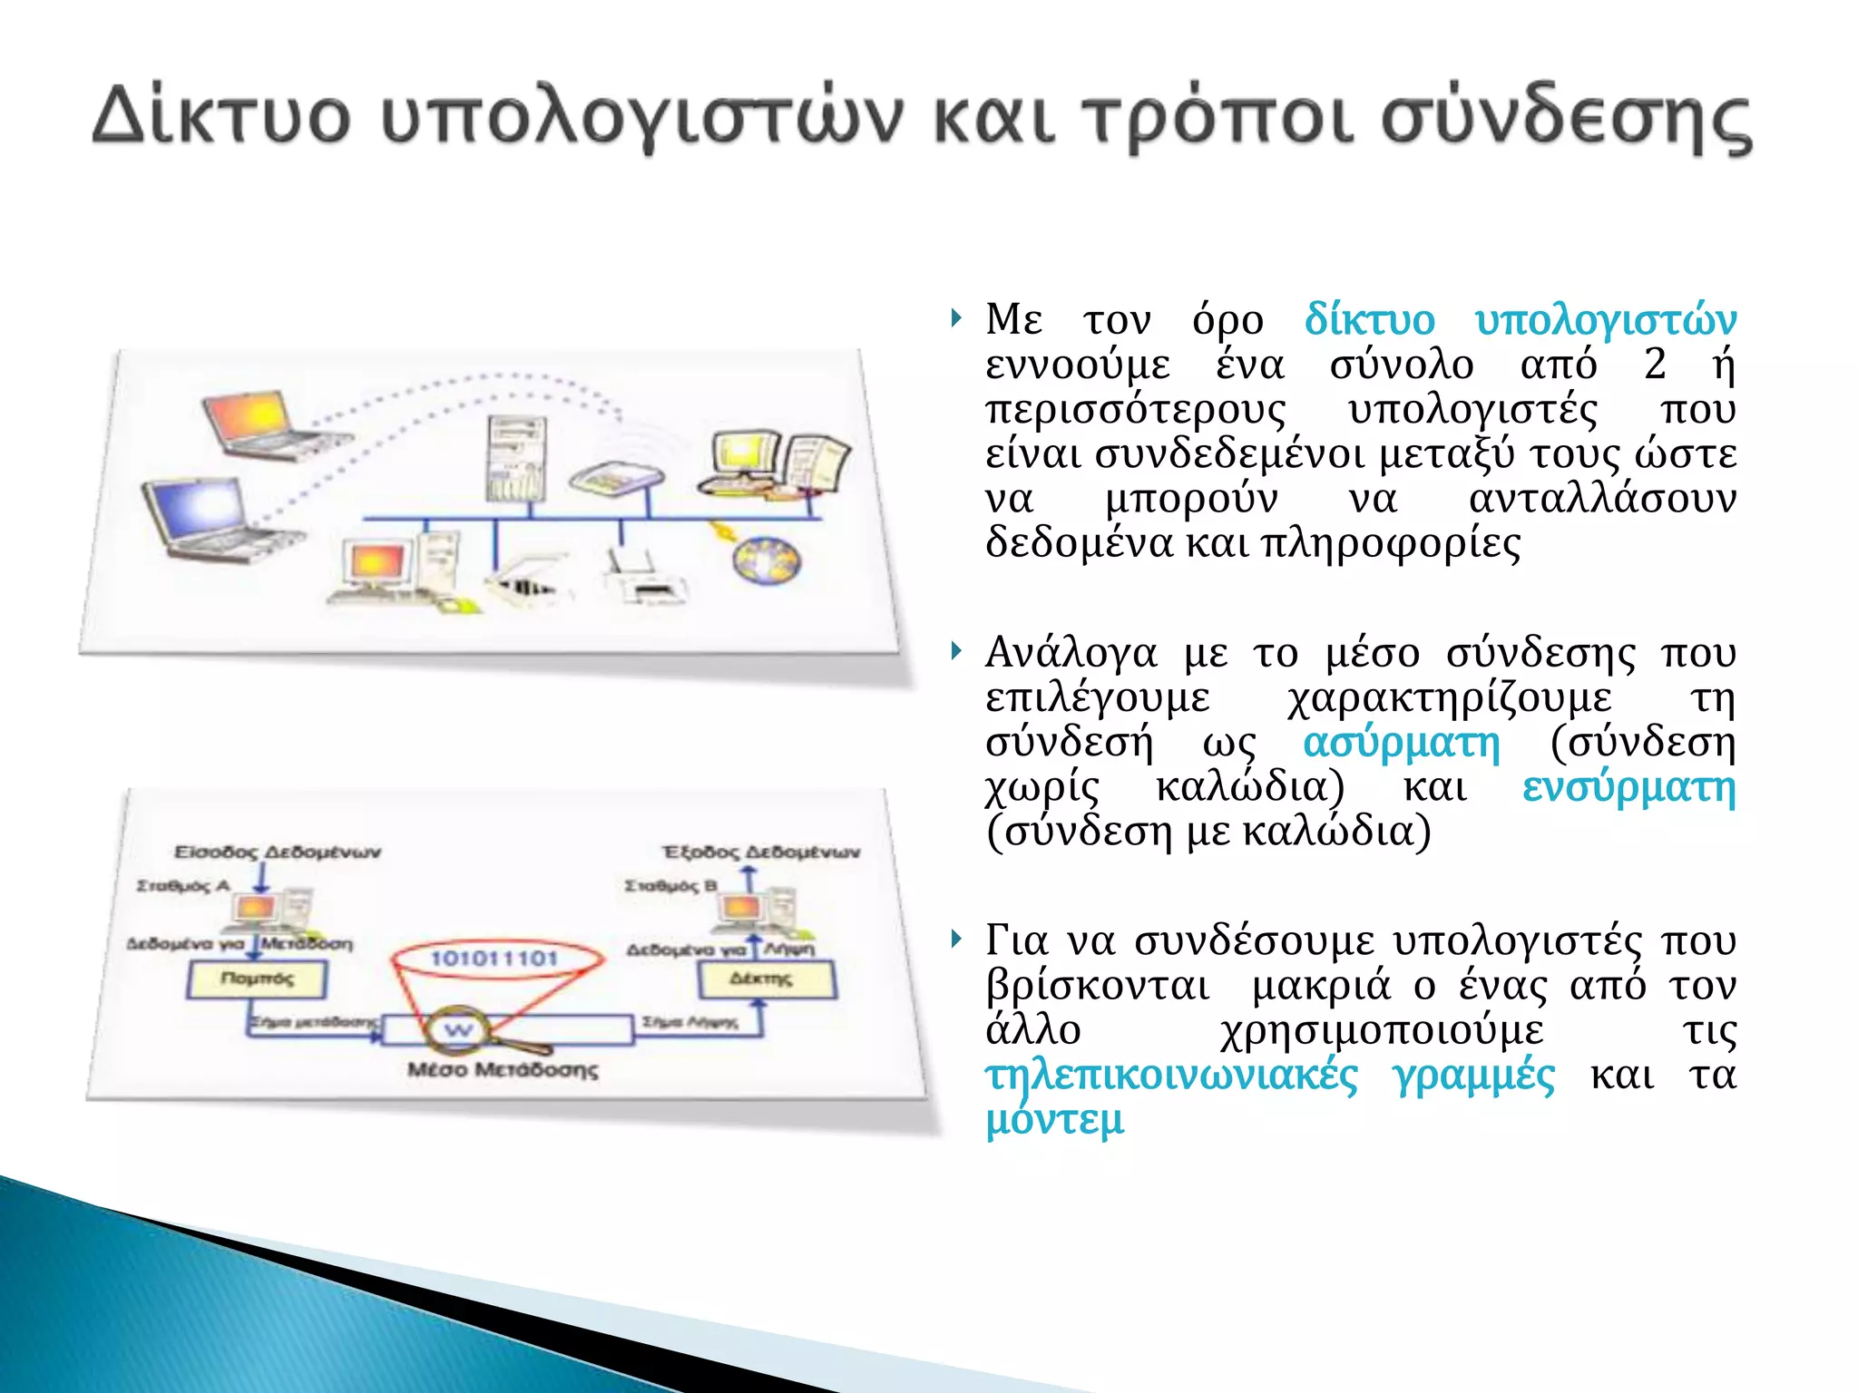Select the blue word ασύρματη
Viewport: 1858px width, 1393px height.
(x=1401, y=743)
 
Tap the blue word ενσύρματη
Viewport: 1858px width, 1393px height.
(x=1628, y=787)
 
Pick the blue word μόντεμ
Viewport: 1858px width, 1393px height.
(x=1054, y=1120)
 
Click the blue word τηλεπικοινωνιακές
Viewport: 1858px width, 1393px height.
(x=1171, y=1076)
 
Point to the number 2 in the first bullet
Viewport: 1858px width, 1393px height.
(x=1655, y=365)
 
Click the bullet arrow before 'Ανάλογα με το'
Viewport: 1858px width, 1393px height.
(x=955, y=650)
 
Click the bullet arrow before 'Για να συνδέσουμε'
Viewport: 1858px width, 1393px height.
(x=955, y=938)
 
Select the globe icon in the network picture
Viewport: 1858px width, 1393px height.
(x=767, y=560)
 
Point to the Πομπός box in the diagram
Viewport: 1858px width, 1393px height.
(x=257, y=979)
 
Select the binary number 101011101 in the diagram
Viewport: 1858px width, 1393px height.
(x=494, y=959)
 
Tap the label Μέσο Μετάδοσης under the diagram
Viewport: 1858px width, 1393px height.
(x=503, y=1070)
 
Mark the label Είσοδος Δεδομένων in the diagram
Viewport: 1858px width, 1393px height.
(x=278, y=852)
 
